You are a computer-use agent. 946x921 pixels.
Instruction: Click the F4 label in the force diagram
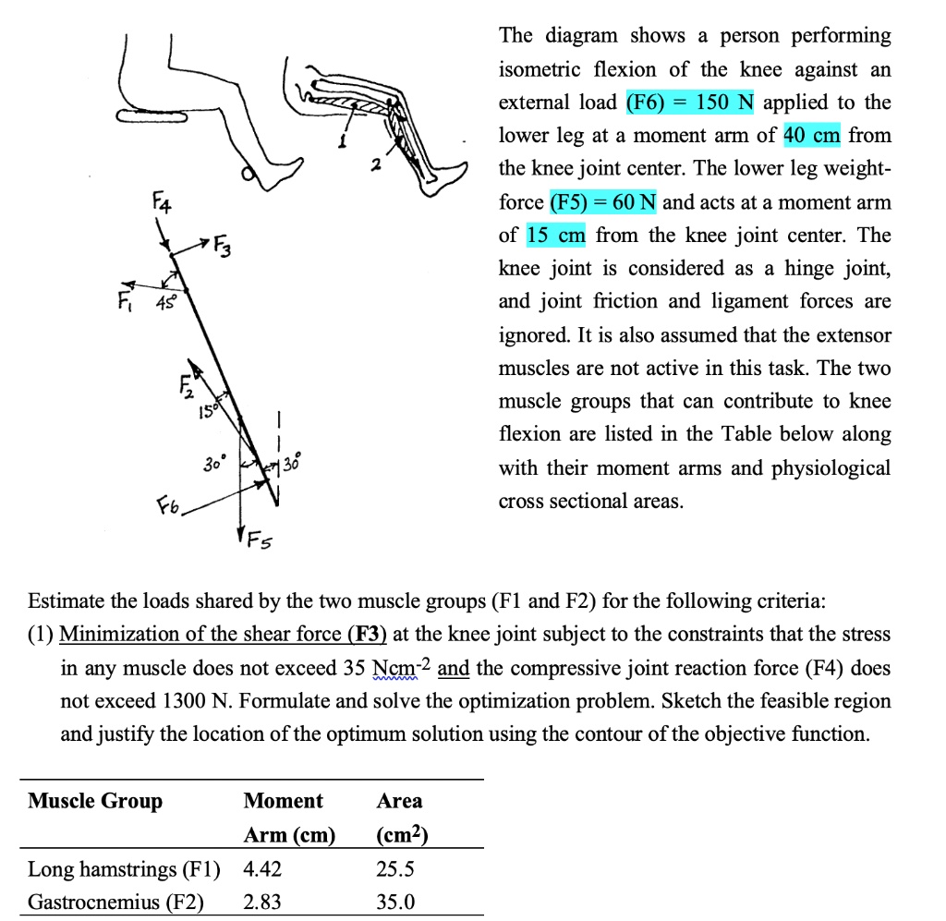pyautogui.click(x=162, y=200)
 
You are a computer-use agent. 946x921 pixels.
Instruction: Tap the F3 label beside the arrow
pyautogui.click(x=223, y=247)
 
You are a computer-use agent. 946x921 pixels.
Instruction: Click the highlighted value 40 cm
pyautogui.click(x=811, y=136)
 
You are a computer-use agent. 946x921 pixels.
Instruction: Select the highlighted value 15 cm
pyautogui.click(x=556, y=236)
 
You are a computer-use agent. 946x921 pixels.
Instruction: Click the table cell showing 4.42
pyautogui.click(x=263, y=869)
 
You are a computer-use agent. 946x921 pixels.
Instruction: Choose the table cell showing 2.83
pyautogui.click(x=263, y=902)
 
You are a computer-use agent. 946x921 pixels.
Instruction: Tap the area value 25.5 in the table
pyautogui.click(x=395, y=869)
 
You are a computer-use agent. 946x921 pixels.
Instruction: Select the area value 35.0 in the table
pyautogui.click(x=395, y=902)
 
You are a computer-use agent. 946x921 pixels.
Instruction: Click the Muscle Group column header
pyautogui.click(x=95, y=801)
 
